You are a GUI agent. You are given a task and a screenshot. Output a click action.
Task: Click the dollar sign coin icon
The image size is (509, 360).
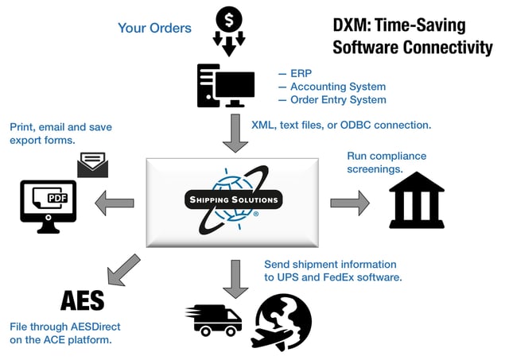click(x=229, y=19)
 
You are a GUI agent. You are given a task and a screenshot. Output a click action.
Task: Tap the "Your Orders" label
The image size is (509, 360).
click(x=154, y=29)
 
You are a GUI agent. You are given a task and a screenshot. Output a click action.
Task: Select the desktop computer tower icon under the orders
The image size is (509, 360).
click(x=226, y=86)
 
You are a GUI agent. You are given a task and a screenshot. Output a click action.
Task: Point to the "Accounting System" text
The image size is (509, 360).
click(x=338, y=87)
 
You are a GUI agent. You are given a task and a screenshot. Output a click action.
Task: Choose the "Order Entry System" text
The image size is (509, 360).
click(x=338, y=100)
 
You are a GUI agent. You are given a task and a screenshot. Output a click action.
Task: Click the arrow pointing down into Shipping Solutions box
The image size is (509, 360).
click(x=235, y=133)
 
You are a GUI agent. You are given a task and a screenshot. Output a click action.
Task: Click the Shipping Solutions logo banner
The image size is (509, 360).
click(x=233, y=199)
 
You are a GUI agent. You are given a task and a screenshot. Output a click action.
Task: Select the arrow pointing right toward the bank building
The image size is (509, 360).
click(x=350, y=203)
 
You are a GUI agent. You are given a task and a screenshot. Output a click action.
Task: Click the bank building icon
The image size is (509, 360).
click(x=417, y=199)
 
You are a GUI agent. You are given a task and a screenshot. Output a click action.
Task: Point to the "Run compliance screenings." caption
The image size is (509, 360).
click(x=387, y=162)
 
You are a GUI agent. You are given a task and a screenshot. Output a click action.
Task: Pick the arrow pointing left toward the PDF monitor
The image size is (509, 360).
click(x=115, y=203)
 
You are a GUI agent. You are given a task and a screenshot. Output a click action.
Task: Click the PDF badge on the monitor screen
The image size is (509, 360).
click(x=58, y=198)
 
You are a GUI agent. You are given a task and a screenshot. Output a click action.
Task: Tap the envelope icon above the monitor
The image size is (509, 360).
click(x=93, y=165)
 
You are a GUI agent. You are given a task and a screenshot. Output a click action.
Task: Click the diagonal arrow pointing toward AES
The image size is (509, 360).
click(x=124, y=270)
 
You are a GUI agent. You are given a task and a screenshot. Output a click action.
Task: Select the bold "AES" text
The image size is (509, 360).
click(x=83, y=301)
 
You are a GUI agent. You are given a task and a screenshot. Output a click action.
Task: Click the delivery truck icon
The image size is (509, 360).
click(x=214, y=320)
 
